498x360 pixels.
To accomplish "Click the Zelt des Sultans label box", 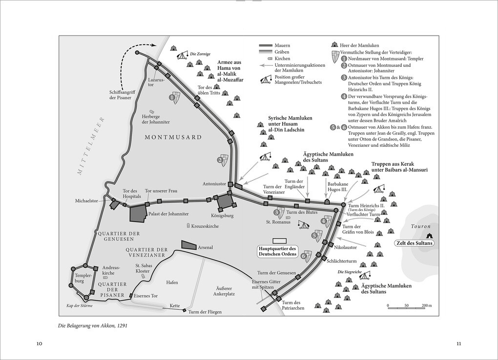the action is [414, 243].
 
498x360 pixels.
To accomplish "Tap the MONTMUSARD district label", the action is [173, 137].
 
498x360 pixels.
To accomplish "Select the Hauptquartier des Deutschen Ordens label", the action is [277, 251].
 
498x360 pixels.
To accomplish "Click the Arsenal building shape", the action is [188, 245].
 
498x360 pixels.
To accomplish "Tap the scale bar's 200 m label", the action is [427, 305].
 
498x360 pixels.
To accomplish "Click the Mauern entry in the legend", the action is [274, 46].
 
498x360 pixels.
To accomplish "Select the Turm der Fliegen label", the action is [205, 312].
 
